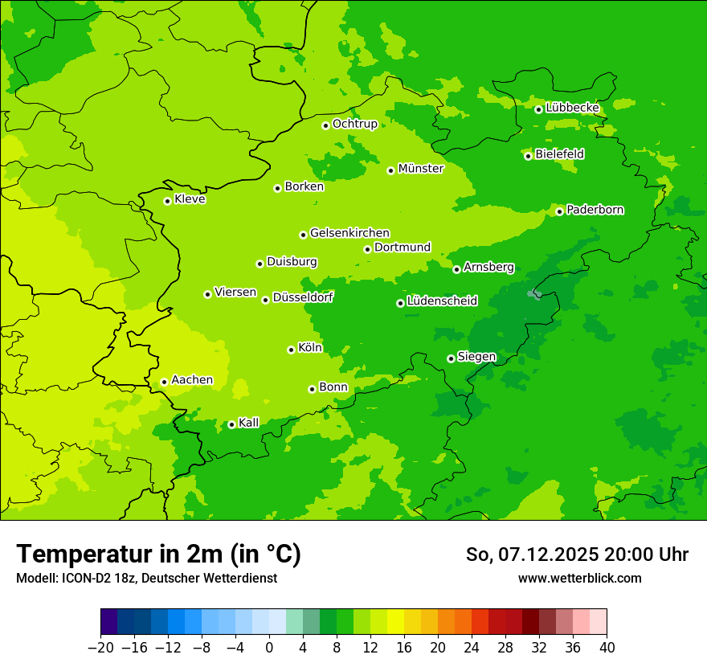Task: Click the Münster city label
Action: click(421, 169)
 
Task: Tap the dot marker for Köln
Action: click(291, 350)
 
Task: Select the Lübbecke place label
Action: click(572, 108)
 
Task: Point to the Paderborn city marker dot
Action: click(559, 211)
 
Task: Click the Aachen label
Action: click(192, 380)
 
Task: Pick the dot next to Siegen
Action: click(451, 358)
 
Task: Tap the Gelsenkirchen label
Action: click(349, 233)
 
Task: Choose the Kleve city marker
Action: click(167, 201)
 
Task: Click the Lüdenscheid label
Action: click(442, 301)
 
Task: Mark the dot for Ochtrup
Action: click(325, 125)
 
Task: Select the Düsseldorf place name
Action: click(303, 297)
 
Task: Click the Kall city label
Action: click(249, 423)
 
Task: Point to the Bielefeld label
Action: click(559, 154)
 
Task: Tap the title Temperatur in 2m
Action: click(158, 554)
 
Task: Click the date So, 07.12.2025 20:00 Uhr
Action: click(577, 554)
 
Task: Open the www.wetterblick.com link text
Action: click(579, 579)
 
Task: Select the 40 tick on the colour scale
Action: click(607, 648)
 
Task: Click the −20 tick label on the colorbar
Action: click(100, 648)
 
